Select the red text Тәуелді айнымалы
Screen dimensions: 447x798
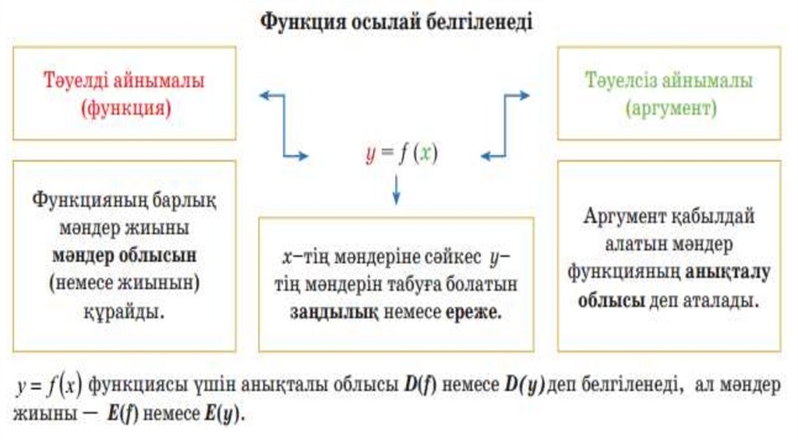pyautogui.click(x=125, y=80)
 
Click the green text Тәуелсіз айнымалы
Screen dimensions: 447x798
pyautogui.click(x=669, y=80)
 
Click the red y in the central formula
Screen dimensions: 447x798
pyautogui.click(x=370, y=154)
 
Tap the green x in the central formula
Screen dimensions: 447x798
pyautogui.click(x=425, y=154)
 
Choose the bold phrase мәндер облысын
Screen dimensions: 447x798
pyautogui.click(x=125, y=256)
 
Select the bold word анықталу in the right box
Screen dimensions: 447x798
pyautogui.click(x=728, y=273)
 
